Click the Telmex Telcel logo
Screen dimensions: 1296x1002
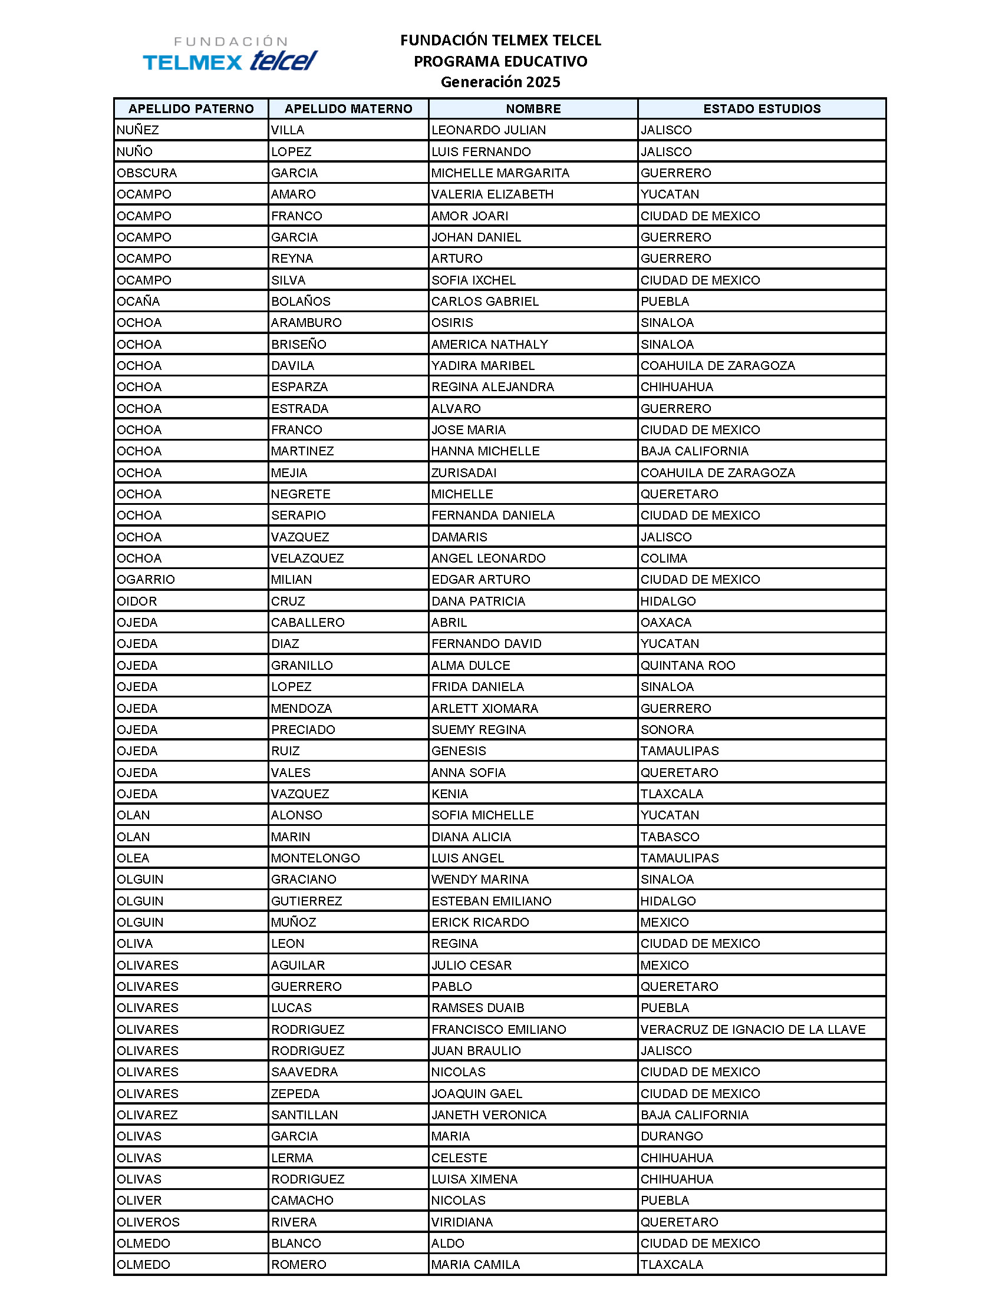click(230, 54)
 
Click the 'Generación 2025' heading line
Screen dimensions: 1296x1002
click(500, 82)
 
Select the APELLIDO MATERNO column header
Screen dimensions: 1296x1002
click(348, 108)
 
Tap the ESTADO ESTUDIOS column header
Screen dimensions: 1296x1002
click(762, 108)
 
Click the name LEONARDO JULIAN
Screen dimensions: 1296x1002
click(488, 130)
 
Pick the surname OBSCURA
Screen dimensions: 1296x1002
click(147, 173)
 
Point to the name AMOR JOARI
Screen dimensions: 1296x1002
click(470, 216)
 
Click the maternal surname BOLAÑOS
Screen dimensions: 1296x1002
click(301, 302)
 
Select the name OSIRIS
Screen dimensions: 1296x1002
click(451, 323)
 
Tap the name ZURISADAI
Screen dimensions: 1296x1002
click(464, 473)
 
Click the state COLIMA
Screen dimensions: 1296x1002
click(664, 558)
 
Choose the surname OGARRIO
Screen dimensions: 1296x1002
click(146, 580)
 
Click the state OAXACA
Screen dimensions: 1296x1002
click(666, 623)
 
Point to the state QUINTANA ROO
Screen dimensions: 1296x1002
click(687, 665)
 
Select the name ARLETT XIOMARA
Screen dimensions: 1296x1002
click(484, 709)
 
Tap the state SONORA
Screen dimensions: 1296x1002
click(667, 730)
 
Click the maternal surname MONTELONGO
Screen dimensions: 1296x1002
click(315, 858)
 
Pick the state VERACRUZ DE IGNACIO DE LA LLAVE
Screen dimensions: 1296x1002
click(753, 1030)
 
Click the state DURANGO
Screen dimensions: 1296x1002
click(671, 1136)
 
